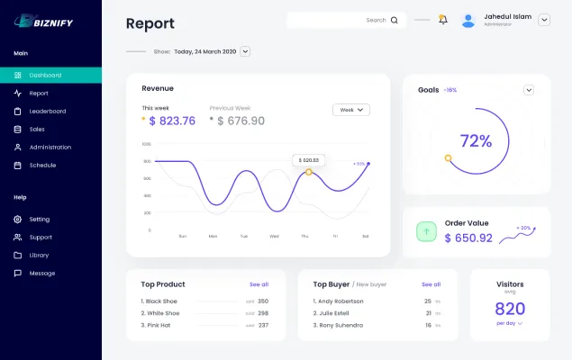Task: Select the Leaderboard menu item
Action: (47, 111)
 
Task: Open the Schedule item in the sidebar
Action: (41, 165)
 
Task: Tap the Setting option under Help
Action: (39, 219)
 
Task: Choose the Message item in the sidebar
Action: (41, 273)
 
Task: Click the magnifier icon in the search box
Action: (395, 20)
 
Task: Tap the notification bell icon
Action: (442, 19)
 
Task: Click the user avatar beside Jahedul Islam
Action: (468, 20)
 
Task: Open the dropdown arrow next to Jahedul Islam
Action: (544, 20)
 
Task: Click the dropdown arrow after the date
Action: (245, 51)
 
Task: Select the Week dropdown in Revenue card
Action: (350, 110)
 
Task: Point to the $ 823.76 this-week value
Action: (171, 121)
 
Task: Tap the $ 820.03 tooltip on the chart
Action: (309, 159)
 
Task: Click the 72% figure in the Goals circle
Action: (476, 140)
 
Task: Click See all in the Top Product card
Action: (259, 283)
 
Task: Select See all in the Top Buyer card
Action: (431, 283)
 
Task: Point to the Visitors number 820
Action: (510, 309)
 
